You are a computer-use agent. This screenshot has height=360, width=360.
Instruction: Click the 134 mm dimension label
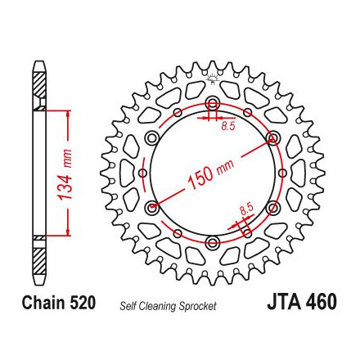pos(65,174)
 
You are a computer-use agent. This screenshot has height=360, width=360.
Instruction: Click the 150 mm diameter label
pos(211,174)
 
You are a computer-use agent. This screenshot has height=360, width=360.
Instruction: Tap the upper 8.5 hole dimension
pos(228,126)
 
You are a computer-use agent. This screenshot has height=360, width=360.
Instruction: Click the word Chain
pos(43,303)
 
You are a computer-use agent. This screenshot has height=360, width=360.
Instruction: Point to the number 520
pos(83,303)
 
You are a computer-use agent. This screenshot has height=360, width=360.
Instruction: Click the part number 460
pos(321,302)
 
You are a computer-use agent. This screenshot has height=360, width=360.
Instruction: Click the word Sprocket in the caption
pos(197,306)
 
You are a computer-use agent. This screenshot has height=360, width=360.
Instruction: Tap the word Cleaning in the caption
pos(158,306)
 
